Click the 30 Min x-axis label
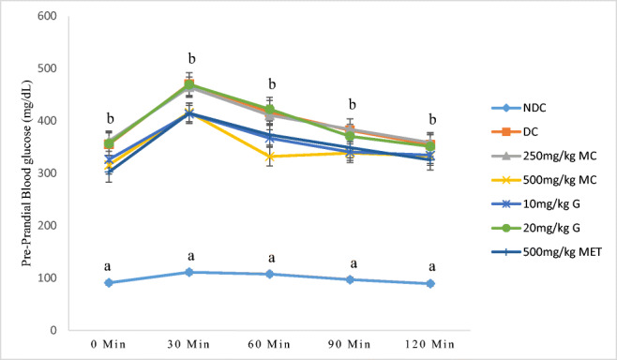click(189, 346)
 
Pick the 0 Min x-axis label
click(110, 346)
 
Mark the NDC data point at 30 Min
click(189, 272)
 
